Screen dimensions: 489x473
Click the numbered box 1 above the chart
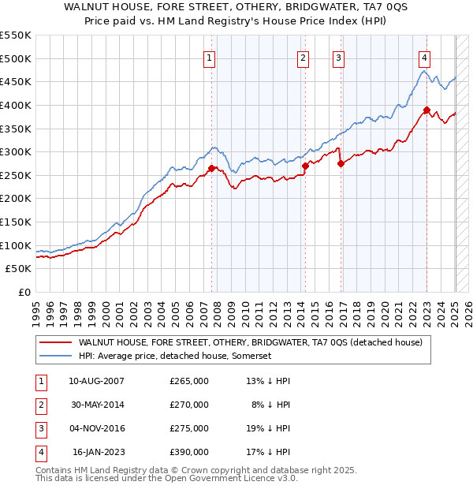210,57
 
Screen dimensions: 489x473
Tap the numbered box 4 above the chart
424,57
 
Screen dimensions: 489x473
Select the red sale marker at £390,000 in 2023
426,110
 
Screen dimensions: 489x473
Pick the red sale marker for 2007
211,168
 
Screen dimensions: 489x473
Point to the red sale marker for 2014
305,166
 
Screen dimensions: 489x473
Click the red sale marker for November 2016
341,164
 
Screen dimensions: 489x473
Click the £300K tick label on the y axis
17,151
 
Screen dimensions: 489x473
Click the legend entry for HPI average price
174,356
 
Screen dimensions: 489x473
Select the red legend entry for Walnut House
251,342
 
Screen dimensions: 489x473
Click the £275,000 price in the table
189,428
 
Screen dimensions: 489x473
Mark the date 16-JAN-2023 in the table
99,452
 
